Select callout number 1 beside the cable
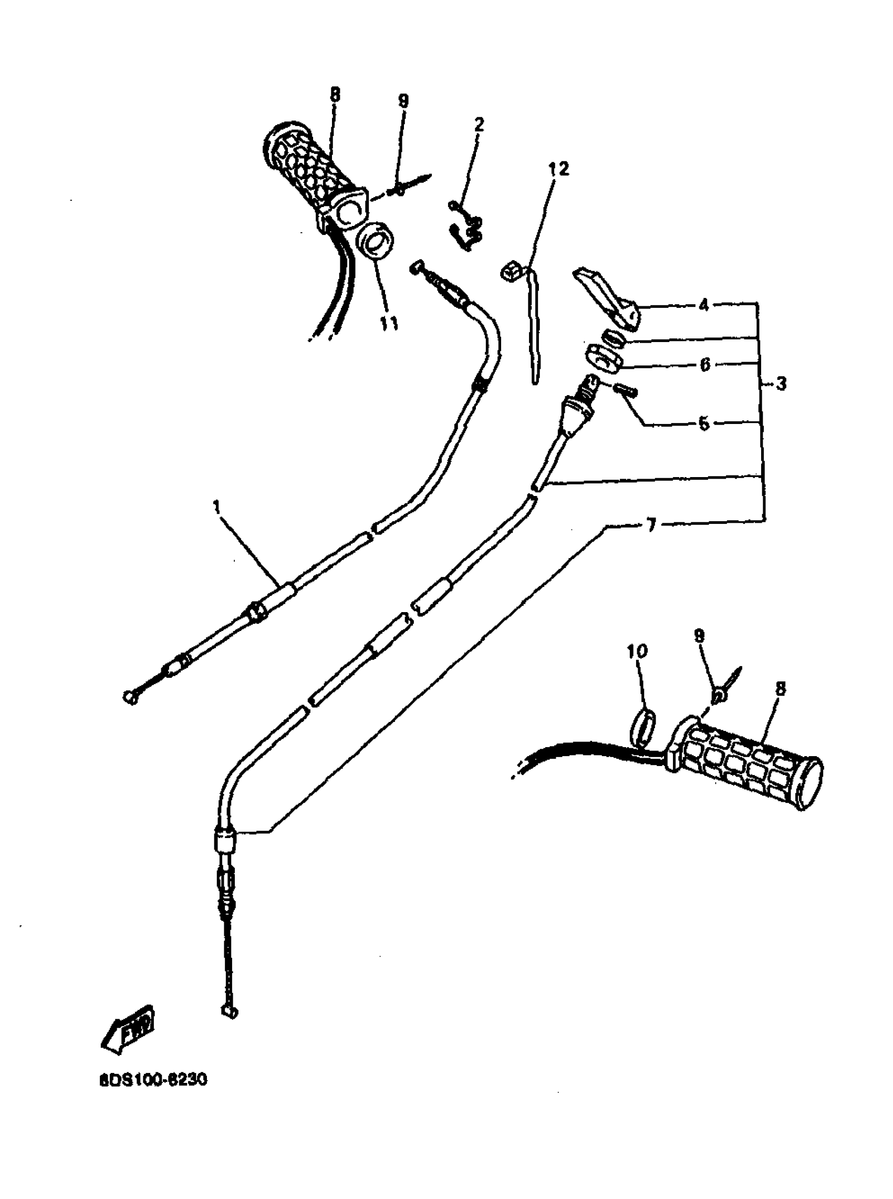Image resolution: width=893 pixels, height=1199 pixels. pos(217,507)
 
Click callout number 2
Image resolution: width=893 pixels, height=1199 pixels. pos(479,125)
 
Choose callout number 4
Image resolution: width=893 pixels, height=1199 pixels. pos(703,305)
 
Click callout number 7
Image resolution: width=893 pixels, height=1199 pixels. pos(651,524)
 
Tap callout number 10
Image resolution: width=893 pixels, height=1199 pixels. pos(637,651)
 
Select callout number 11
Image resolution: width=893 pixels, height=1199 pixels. pos(389,323)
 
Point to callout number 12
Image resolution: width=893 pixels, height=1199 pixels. pos(559,169)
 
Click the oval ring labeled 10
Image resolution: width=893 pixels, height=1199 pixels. pos(643,728)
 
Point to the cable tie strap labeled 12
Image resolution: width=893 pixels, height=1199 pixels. pos(529,319)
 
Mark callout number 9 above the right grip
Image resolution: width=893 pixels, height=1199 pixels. pos(700,636)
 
